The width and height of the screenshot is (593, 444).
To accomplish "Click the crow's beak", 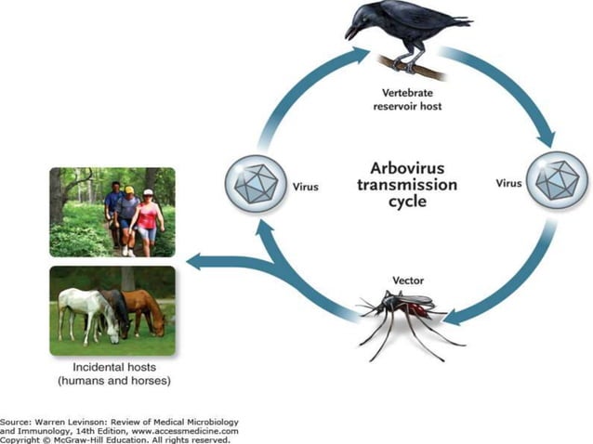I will click(x=351, y=32).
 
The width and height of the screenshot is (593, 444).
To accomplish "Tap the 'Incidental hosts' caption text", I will click(x=112, y=368).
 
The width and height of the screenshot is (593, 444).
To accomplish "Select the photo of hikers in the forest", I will click(x=112, y=212).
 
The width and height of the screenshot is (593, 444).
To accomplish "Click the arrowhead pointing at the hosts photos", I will click(x=195, y=263).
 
